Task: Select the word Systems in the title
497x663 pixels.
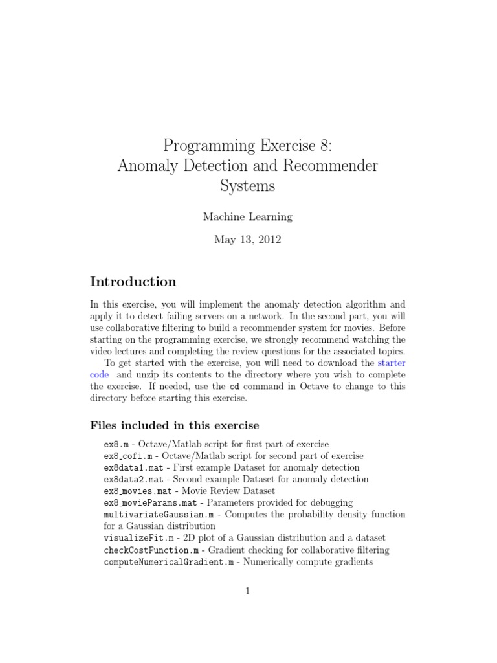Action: [248, 186]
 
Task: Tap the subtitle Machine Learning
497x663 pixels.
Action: [248, 217]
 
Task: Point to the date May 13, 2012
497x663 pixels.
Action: [248, 240]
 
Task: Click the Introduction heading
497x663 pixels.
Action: [133, 282]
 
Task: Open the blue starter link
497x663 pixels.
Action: [391, 363]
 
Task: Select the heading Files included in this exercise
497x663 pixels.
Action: [174, 425]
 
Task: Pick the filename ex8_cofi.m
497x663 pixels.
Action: [127, 456]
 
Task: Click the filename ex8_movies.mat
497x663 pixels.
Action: [137, 491]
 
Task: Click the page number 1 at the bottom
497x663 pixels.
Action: [248, 590]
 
